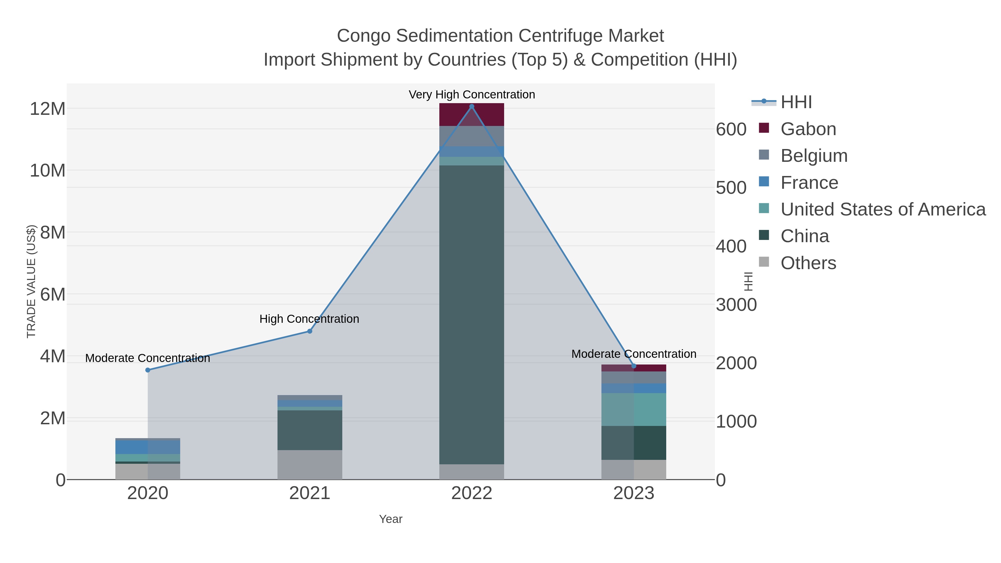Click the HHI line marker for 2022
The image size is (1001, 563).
point(472,106)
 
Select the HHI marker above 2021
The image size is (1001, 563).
point(310,331)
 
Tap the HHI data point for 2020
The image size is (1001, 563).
point(148,370)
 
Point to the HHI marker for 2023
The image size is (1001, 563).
point(634,366)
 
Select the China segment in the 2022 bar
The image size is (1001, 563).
point(472,315)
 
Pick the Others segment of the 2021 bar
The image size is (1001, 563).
point(310,465)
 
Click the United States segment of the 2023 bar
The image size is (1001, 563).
point(634,409)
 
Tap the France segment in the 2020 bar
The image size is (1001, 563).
point(148,447)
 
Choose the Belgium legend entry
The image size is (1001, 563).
point(814,156)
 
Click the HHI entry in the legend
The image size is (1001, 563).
point(796,102)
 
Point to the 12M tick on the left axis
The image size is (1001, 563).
point(47,109)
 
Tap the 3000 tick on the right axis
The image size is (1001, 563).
point(736,305)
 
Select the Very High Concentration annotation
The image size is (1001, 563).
point(472,95)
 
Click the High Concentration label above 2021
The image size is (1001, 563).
point(309,319)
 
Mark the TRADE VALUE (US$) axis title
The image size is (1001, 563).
point(31,281)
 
